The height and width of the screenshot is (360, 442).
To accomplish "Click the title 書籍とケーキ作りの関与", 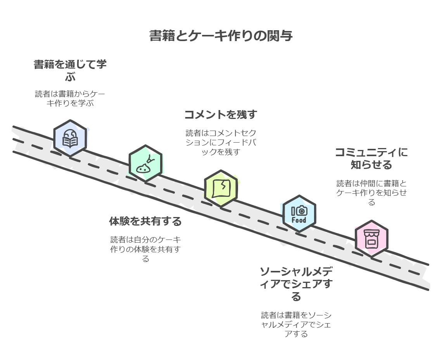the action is pos(221,36).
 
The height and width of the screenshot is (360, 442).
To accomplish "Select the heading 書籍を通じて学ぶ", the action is pos(70,70).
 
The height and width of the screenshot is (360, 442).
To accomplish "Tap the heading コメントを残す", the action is pos(221,115).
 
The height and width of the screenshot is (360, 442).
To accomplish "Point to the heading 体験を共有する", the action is pos(145,221).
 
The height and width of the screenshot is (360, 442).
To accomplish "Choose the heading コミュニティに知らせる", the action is pos(371,158).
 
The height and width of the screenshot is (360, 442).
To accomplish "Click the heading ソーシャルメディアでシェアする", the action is pos(296,284).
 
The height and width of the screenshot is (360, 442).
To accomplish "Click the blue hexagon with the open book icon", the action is pos(70,138).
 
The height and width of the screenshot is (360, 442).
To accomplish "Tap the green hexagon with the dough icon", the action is pos(145,164).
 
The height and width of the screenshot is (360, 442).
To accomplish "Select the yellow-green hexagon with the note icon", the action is pos(221,188).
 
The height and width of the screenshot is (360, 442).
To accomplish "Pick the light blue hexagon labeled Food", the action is pos(299,214).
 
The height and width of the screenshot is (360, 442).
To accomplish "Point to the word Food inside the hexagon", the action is pos(299,220).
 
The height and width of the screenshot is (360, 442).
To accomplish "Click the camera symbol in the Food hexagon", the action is pos(302,211).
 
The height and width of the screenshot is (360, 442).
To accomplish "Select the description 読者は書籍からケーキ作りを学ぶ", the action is pos(70,98).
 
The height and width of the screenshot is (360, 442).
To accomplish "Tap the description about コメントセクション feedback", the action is pos(221,142).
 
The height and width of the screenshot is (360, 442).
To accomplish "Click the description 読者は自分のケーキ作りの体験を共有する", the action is pos(145,249).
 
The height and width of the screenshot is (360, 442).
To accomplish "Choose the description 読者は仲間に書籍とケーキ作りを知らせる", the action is pos(371,193).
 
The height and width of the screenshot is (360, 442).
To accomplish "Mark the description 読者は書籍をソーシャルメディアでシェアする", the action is pos(296,324).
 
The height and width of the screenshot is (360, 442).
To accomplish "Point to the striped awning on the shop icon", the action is pos(371,233).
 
